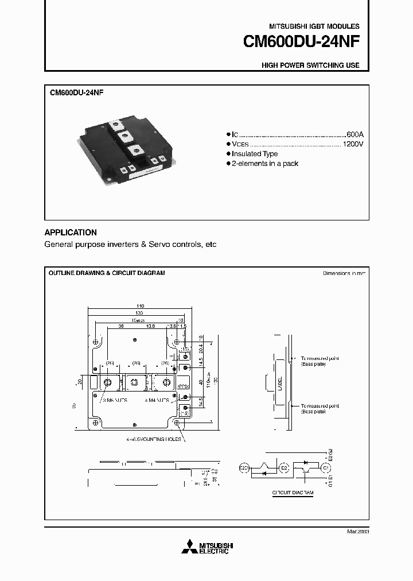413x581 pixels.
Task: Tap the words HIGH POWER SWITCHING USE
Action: point(310,65)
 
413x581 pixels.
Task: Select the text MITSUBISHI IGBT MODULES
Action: point(314,26)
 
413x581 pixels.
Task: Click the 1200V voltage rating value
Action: point(352,144)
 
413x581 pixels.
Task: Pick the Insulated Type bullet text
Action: point(255,154)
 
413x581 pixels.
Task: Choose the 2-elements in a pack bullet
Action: point(265,164)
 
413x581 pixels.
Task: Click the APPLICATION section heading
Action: point(71,233)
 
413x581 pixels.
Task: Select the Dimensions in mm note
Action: point(344,273)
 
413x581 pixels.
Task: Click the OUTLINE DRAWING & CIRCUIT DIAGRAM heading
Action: point(106,273)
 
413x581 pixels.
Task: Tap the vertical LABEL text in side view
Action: point(280,384)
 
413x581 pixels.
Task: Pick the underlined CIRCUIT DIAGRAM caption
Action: point(293,493)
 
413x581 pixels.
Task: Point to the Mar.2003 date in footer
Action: point(357,532)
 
